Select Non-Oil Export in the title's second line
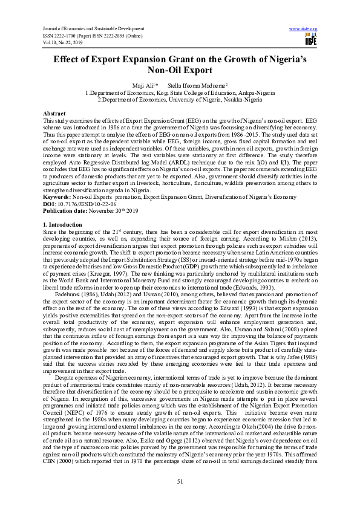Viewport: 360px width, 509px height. pyautogui.click(x=180, y=71)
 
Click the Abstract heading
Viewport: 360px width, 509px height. pyautogui.click(x=55, y=114)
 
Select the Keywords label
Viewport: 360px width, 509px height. pyautogui.click(x=58, y=190)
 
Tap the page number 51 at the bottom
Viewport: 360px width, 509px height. pyautogui.click(x=180, y=481)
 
